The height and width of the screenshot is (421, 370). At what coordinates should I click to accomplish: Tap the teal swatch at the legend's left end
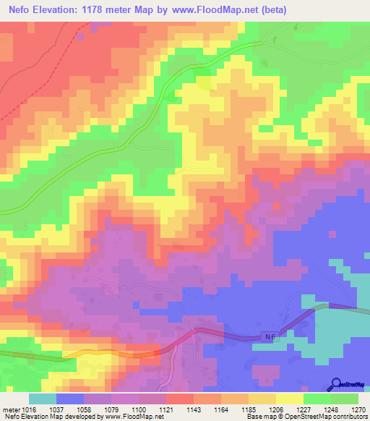coord(42,398)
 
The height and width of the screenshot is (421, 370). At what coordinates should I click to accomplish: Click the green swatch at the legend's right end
coord(345,398)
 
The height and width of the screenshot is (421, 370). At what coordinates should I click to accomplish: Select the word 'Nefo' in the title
coord(21,10)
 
